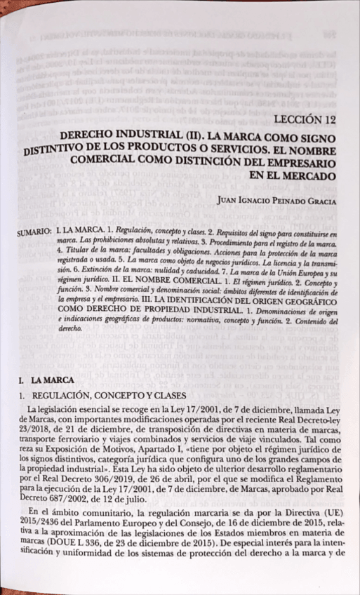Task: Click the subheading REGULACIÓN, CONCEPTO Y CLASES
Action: [94, 395]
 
